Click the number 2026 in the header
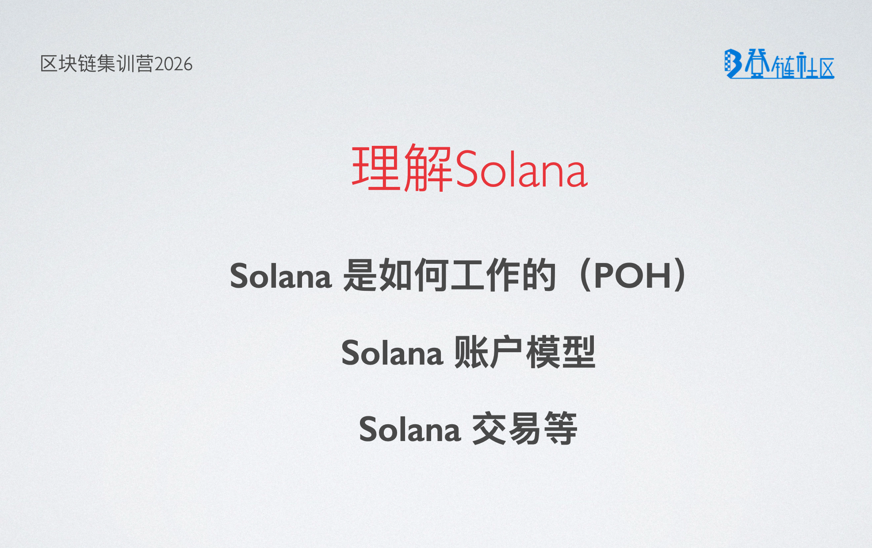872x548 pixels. [173, 65]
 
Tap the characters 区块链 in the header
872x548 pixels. [69, 64]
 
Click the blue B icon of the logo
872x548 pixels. [732, 64]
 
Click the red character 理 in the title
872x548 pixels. [376, 168]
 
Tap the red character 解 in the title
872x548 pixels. [428, 168]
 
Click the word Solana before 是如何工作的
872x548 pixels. [280, 276]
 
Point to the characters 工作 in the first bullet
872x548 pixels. [485, 276]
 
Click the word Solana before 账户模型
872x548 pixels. [392, 353]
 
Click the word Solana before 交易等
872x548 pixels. [409, 430]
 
